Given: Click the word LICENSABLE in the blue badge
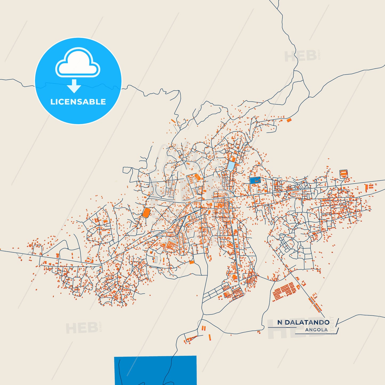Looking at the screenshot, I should coord(78,102).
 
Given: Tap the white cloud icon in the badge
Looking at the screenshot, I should coord(78,63).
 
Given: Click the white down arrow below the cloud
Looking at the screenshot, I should coord(74,86).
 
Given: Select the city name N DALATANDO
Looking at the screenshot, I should coord(303,322).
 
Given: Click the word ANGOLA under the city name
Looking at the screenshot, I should coord(316,330).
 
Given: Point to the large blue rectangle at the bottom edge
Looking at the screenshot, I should coord(155,370).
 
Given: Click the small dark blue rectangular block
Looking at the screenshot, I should coord(255,180).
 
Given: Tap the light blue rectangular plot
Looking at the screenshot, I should coord(231,165).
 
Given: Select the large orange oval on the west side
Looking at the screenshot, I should coord(146,213).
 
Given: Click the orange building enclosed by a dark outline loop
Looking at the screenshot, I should coord(343,173).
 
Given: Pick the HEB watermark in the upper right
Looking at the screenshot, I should coord(301,56).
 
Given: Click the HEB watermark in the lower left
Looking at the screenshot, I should coord(82,328).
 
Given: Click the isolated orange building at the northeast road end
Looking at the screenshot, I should coord(289,120).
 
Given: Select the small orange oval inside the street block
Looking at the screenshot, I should coord(197,176).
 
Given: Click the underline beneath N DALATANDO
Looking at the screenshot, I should coord(282,327).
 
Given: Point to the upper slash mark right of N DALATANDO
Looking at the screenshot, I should coord(337,322).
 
